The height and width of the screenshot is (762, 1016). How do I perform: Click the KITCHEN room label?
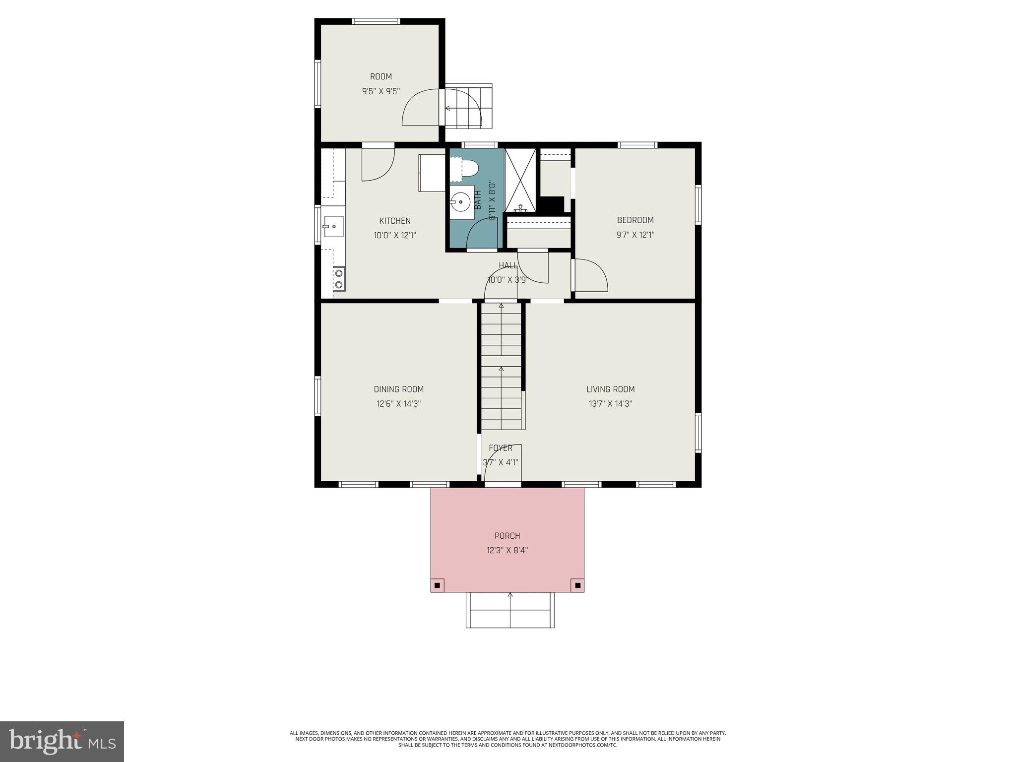coord(395,221)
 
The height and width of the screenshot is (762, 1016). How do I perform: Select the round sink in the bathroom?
coord(461,202)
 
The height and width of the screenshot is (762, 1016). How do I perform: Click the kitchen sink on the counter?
coord(334,227)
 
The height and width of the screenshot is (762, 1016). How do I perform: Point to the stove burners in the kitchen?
coord(339,278)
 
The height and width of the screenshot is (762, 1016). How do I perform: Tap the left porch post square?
coord(437,585)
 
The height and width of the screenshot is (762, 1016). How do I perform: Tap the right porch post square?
coord(577,585)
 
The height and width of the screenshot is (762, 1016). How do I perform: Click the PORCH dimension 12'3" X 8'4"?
coord(508,550)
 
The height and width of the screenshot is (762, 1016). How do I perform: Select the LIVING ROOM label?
coord(610,389)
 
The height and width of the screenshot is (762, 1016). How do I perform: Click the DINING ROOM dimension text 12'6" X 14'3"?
coord(398,404)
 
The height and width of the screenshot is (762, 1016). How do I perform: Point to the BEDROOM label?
coord(635,220)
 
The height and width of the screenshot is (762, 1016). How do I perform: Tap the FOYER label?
coord(500,448)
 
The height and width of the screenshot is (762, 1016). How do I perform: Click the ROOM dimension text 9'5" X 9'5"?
coord(381,91)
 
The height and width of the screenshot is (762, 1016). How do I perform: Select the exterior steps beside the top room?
coord(468,107)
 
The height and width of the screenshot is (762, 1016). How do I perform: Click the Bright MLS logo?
coord(62,741)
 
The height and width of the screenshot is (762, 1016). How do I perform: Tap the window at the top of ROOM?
coord(376,21)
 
